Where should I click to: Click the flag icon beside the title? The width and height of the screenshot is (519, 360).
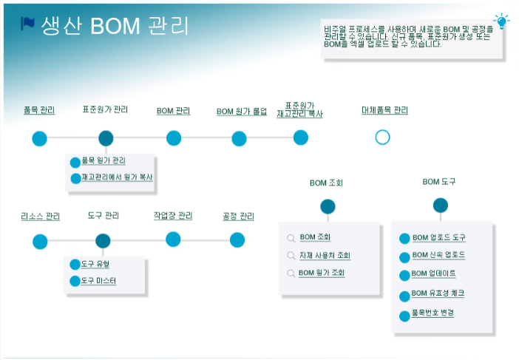coord(28,24)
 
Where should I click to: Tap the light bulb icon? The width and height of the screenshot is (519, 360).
coord(502,20)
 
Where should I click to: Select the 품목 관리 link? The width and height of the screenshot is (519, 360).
coord(39,111)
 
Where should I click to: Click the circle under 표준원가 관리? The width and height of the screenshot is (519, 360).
coord(106,138)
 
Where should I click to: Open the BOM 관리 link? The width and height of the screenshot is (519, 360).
coord(173,112)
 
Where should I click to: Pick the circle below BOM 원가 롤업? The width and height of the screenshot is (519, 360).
coord(239,138)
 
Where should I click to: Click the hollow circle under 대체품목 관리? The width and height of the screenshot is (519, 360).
coord(382,137)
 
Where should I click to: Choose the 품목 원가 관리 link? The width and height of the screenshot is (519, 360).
coord(104,161)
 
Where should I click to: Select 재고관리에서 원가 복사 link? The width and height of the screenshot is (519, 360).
coord(117,177)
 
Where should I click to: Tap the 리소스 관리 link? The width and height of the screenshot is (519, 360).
coord(40,217)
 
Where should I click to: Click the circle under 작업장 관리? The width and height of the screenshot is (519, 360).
coord(173,239)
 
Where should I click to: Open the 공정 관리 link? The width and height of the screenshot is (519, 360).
coord(238,217)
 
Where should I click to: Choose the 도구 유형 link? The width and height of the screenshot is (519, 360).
coord(95,264)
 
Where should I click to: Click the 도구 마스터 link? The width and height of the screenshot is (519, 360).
coord(98,281)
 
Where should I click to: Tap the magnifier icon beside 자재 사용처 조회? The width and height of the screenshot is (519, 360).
coord(291,256)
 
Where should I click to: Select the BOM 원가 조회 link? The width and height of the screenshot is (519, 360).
coord(322,273)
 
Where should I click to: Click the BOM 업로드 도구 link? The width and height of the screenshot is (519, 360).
coord(438,238)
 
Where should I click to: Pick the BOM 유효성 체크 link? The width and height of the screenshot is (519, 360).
coord(438,293)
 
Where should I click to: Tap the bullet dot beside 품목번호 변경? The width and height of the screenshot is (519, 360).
coord(404,316)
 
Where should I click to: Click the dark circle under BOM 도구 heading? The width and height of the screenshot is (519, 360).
coord(441,205)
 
